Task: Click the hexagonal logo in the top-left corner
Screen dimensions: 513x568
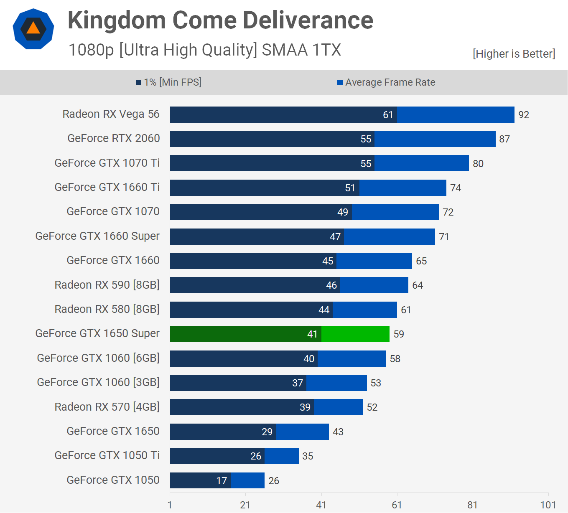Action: point(33,29)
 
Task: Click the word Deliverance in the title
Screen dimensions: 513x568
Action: point(308,20)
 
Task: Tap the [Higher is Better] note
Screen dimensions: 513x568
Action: point(514,54)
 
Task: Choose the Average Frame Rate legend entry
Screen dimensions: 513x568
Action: point(386,82)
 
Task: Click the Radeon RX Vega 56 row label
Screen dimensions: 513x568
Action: point(111,114)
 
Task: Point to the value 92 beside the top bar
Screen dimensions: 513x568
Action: point(524,115)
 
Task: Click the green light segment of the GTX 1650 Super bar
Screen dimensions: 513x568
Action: point(355,334)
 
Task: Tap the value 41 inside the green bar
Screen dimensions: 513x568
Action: point(312,334)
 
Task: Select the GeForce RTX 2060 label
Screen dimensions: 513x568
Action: point(114,138)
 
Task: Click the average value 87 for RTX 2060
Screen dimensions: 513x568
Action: point(504,139)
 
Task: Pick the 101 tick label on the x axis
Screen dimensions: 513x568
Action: point(548,505)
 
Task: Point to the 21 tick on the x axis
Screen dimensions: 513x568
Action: point(245,505)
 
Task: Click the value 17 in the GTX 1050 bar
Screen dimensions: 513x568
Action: point(222,481)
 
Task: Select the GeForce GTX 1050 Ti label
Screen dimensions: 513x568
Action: point(107,455)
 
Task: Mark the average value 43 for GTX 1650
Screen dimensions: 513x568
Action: point(338,432)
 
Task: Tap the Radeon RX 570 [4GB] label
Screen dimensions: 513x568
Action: point(107,407)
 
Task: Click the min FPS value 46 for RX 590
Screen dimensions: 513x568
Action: point(331,285)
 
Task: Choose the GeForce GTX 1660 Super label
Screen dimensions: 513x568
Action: point(97,236)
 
